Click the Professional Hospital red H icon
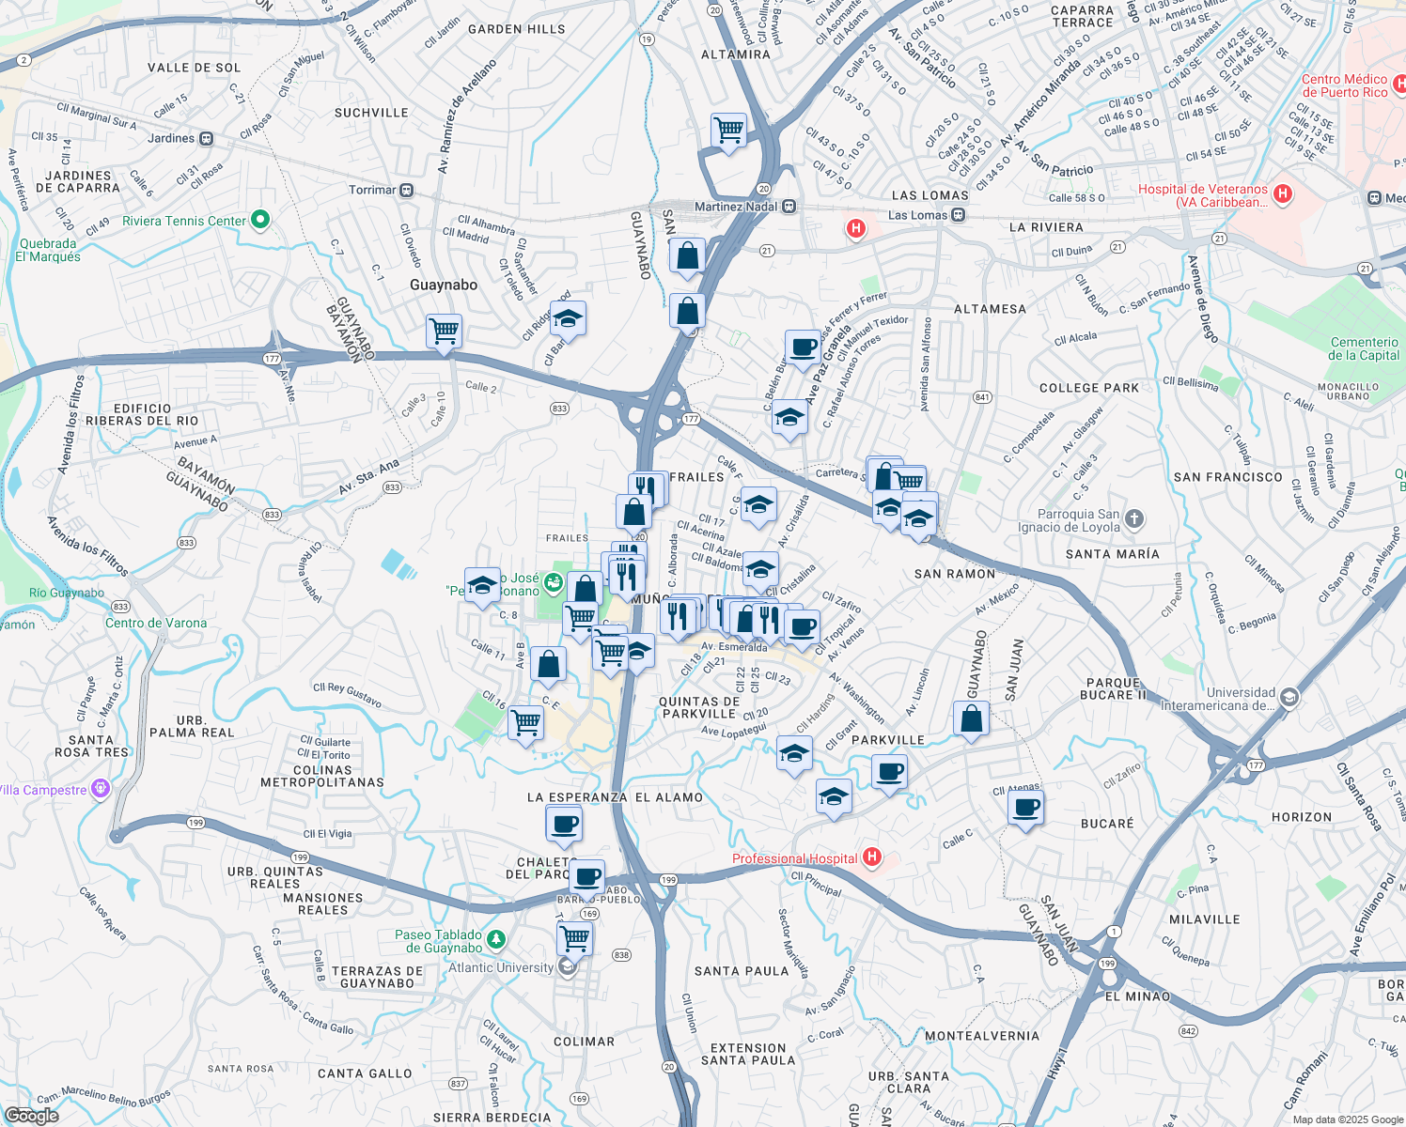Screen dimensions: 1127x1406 click(x=871, y=857)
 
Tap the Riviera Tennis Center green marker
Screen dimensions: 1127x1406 click(x=260, y=221)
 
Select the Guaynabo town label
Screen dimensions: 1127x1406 click(x=444, y=285)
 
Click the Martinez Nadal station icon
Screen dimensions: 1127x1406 click(x=789, y=207)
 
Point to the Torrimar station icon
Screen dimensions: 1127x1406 click(x=406, y=190)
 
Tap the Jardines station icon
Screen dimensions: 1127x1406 click(x=206, y=138)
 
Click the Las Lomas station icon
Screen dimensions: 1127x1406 click(x=958, y=215)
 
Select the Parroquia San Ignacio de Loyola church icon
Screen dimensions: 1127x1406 click(x=1134, y=518)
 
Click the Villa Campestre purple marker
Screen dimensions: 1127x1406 click(x=102, y=789)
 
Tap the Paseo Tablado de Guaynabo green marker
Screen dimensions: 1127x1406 click(x=495, y=939)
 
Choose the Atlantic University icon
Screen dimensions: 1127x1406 click(x=567, y=967)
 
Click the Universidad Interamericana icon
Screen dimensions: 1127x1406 click(x=1289, y=697)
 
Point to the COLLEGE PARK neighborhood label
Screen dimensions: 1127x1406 click(x=1088, y=388)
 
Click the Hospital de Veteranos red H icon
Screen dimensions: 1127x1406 click(x=1282, y=194)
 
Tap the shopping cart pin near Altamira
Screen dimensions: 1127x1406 click(x=729, y=131)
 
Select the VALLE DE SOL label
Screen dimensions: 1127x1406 click(x=195, y=68)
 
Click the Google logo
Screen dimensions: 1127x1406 click(x=31, y=1116)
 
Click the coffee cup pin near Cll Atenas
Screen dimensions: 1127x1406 click(x=1026, y=808)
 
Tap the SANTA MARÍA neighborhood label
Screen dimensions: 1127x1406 click(x=1112, y=554)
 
